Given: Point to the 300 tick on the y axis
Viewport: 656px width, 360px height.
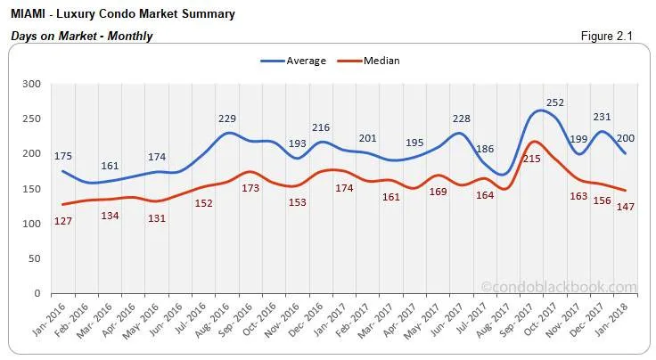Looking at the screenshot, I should (32, 84).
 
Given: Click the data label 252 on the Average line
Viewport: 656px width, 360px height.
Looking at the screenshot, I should (580, 102).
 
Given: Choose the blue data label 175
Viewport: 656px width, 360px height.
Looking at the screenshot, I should (62, 157).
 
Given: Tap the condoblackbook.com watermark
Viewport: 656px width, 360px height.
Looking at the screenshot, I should (559, 287).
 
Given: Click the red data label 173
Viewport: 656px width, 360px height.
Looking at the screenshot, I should (250, 189).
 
